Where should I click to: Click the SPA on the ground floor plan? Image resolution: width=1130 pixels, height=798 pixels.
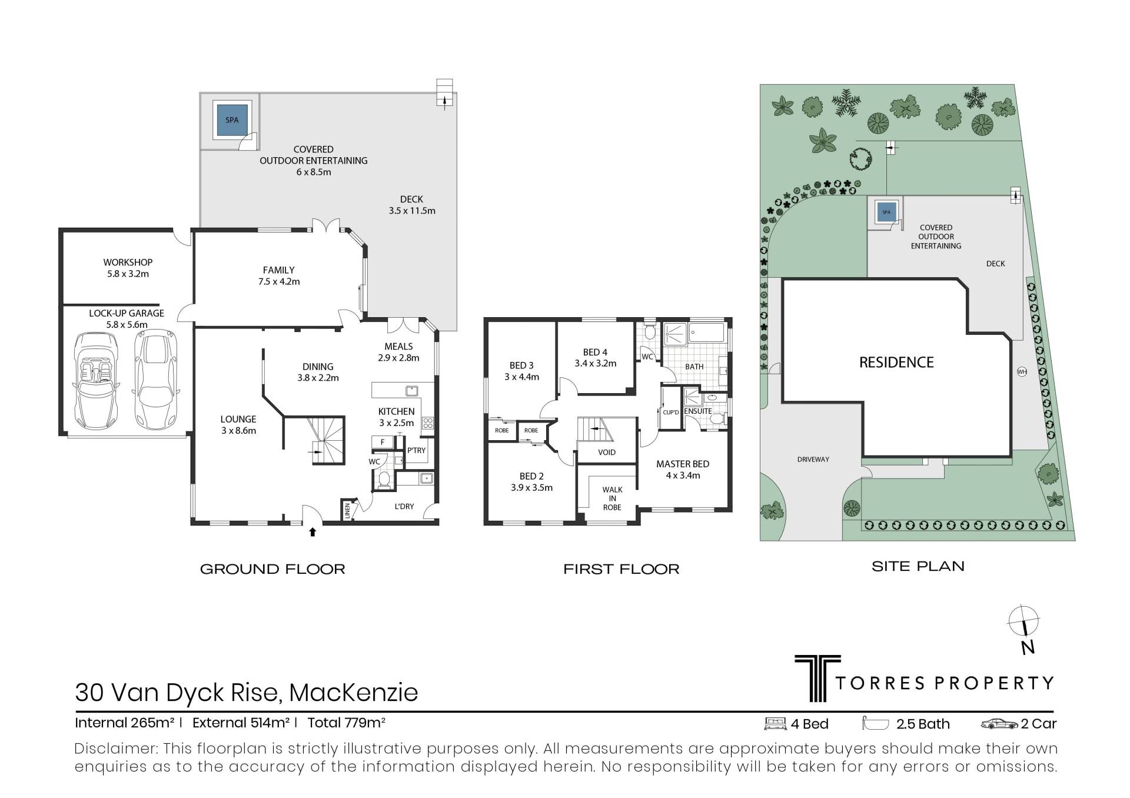(x=232, y=120)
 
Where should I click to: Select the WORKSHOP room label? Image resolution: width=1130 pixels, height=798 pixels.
(x=128, y=262)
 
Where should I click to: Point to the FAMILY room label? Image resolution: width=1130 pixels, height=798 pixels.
(x=278, y=270)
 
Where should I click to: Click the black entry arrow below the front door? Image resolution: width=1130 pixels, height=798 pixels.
(x=313, y=532)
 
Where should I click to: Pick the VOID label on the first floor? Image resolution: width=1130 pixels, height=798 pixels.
(x=607, y=453)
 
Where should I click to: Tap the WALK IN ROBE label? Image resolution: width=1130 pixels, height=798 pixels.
(x=612, y=498)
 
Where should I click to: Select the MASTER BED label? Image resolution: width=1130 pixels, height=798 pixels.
(x=683, y=464)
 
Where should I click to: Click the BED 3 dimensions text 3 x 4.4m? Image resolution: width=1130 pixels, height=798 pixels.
(x=521, y=377)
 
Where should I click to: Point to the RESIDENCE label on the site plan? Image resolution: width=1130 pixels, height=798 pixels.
(x=896, y=363)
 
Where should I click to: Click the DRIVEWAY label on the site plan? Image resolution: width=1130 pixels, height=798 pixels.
(x=813, y=460)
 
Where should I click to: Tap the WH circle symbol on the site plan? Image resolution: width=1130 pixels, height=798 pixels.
(x=1022, y=372)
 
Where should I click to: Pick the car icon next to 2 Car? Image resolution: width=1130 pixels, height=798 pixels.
(x=999, y=724)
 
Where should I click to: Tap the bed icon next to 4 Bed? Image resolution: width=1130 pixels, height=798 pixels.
(x=775, y=724)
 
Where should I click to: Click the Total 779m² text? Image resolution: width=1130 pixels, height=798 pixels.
(x=346, y=723)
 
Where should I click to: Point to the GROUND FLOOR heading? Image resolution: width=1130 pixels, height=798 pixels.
(x=272, y=569)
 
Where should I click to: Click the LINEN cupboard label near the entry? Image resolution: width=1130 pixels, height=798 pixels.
(x=347, y=510)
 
